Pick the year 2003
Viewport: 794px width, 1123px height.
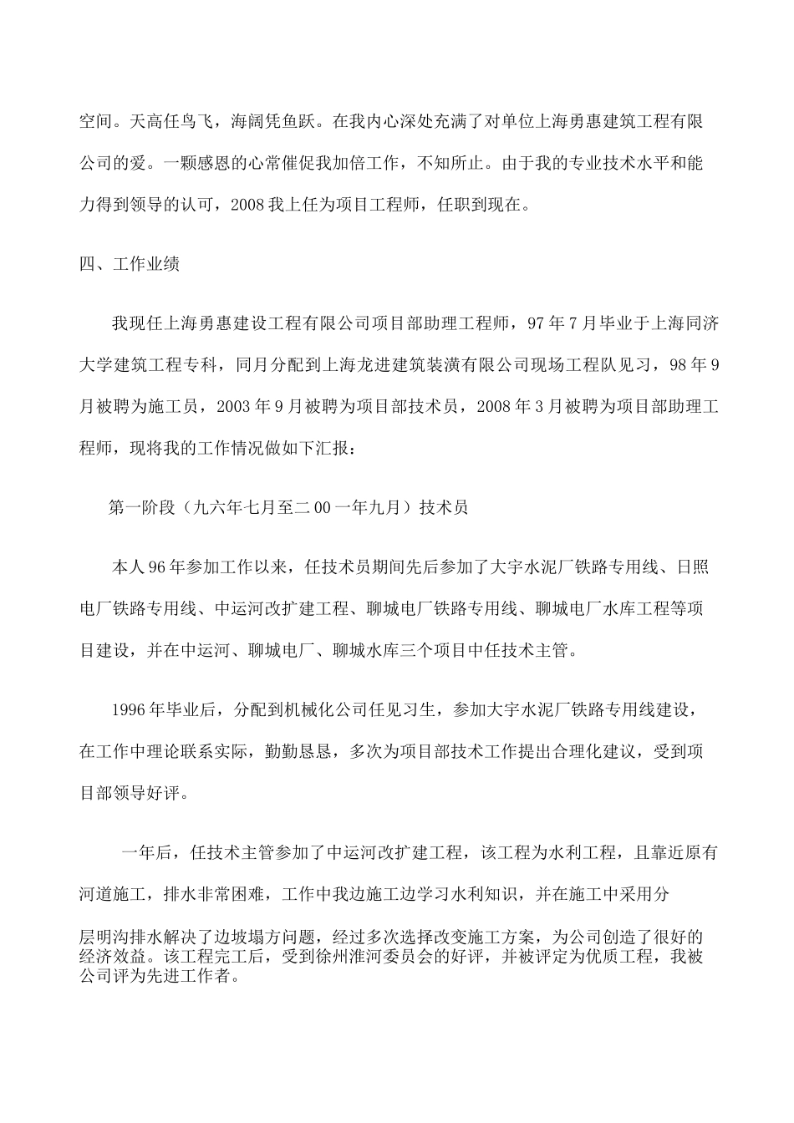(x=235, y=406)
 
